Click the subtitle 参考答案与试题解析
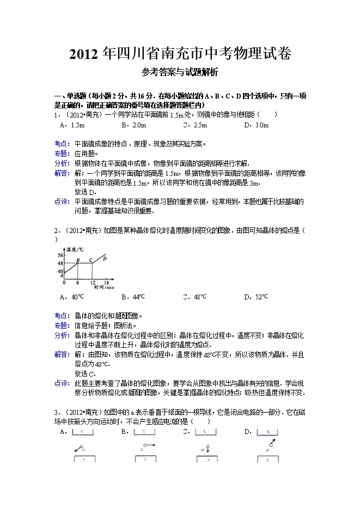180,72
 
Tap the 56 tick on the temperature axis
60,255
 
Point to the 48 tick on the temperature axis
60,264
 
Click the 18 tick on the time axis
107,283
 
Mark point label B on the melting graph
78,260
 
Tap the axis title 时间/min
103,287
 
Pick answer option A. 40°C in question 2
73,297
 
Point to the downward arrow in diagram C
208,449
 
